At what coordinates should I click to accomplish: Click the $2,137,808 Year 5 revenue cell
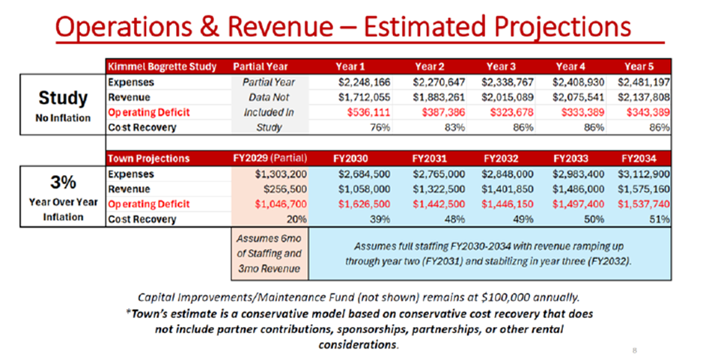point(644,97)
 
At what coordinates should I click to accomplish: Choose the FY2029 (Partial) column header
point(266,159)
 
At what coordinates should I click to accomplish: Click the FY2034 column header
point(638,159)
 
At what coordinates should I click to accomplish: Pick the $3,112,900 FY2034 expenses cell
point(644,174)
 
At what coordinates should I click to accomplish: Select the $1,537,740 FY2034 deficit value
point(644,204)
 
